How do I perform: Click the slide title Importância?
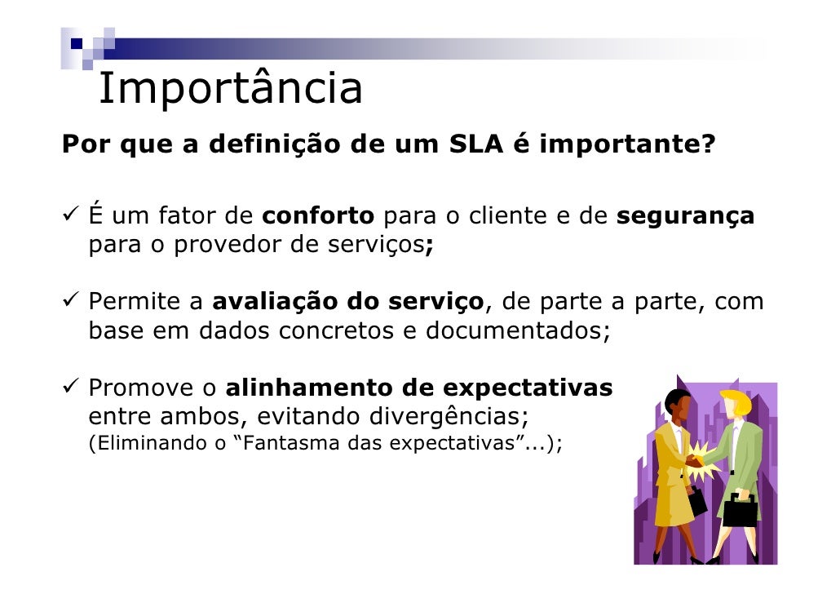230,89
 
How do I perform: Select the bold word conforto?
319,217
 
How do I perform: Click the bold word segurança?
686,217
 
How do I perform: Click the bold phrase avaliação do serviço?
349,303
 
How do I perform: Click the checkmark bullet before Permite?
70,303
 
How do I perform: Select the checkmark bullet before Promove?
70,388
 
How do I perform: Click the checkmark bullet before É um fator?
70,217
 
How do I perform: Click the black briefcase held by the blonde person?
741,512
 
